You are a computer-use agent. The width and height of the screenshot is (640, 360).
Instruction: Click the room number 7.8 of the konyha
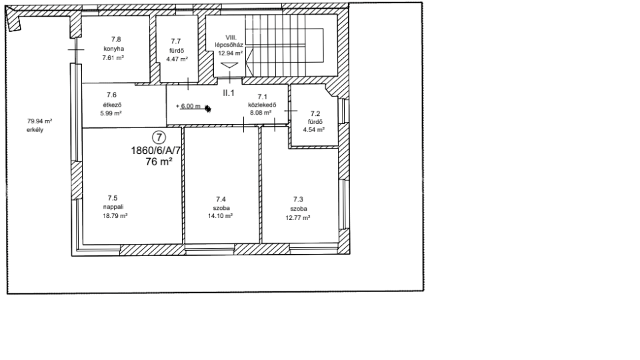point(116,39)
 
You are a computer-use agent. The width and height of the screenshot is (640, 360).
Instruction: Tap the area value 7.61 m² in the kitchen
point(113,58)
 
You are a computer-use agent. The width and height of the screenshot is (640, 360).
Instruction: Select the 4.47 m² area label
point(177,59)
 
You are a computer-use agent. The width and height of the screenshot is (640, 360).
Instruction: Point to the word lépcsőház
point(229,45)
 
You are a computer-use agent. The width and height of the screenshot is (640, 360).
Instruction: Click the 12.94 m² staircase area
point(231,53)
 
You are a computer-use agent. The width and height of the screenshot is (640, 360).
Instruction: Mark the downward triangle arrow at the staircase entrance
point(229,65)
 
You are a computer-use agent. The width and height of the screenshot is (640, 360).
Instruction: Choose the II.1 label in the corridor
point(229,93)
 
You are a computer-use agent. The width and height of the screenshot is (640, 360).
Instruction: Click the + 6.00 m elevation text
point(188,106)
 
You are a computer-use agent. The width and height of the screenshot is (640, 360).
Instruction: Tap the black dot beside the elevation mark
point(208,109)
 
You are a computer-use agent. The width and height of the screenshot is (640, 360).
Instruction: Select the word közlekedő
point(262,105)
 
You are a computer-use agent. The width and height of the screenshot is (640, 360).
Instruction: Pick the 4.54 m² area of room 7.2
point(313,130)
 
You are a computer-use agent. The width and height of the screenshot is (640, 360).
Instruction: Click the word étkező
point(112,105)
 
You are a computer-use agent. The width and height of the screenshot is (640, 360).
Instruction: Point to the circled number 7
point(159,137)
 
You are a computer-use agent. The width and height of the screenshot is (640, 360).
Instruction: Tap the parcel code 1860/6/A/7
point(155,151)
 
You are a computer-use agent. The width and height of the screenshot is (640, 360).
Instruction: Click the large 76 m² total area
point(159,161)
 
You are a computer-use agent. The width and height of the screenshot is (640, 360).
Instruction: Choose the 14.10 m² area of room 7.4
point(221,216)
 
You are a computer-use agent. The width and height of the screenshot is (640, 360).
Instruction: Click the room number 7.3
point(298,199)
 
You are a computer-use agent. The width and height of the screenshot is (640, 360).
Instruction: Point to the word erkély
point(35,130)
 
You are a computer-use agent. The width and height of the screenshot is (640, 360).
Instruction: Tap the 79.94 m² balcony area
point(39,121)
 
